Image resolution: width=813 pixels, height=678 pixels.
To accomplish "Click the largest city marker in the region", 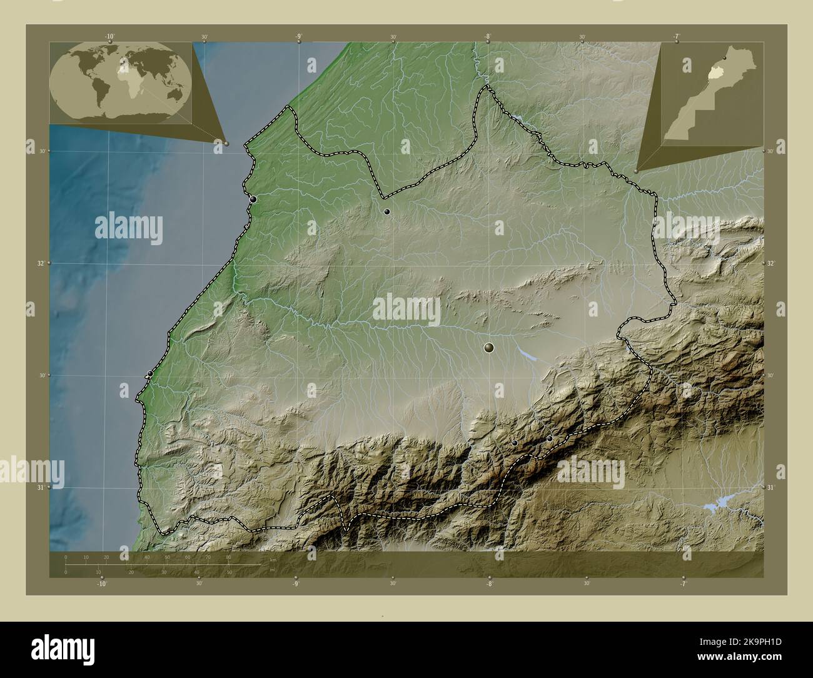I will (x=489, y=347).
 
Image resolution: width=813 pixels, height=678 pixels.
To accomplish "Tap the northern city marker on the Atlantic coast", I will (x=253, y=200).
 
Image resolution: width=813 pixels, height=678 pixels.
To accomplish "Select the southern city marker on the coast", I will (x=150, y=374).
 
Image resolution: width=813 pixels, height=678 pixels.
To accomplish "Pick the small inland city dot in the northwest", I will (x=387, y=211).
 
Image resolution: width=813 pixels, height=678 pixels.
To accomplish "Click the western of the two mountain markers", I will (x=515, y=443).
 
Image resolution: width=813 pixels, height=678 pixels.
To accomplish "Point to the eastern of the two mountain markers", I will (x=550, y=438).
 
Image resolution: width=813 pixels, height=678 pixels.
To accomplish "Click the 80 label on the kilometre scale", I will (x=228, y=557).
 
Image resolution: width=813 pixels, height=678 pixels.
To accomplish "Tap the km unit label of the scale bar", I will (x=273, y=559).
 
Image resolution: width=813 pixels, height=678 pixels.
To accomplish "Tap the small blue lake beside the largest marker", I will (x=527, y=355).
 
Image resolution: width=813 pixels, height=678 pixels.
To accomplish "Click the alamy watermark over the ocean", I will (x=129, y=229).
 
